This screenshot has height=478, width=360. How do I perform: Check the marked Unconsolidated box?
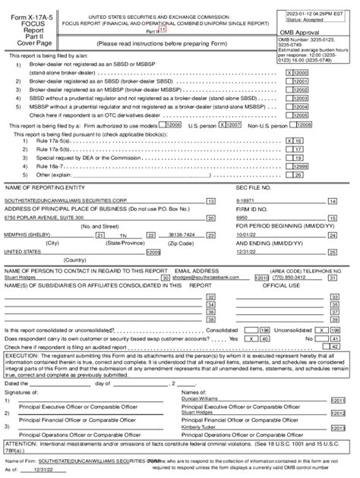pos(324,331)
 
